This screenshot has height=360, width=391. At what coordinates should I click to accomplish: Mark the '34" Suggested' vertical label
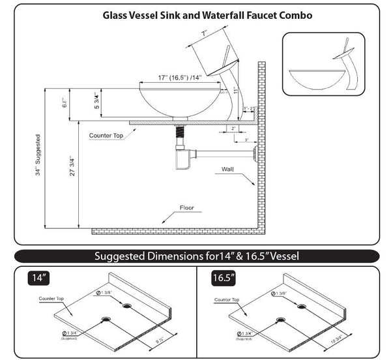click(40, 156)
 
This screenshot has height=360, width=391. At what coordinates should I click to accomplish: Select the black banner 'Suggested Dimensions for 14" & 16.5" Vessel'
click(196, 256)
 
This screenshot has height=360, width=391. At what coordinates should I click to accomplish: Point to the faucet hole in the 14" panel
click(126, 305)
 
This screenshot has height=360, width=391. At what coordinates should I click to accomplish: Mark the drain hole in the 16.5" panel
click(280, 320)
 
